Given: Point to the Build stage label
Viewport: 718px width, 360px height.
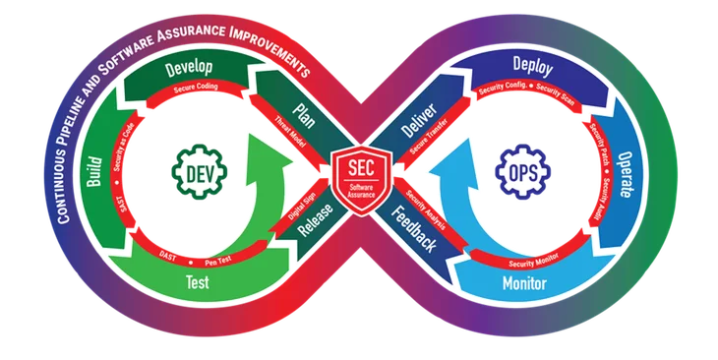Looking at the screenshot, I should (x=95, y=173).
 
